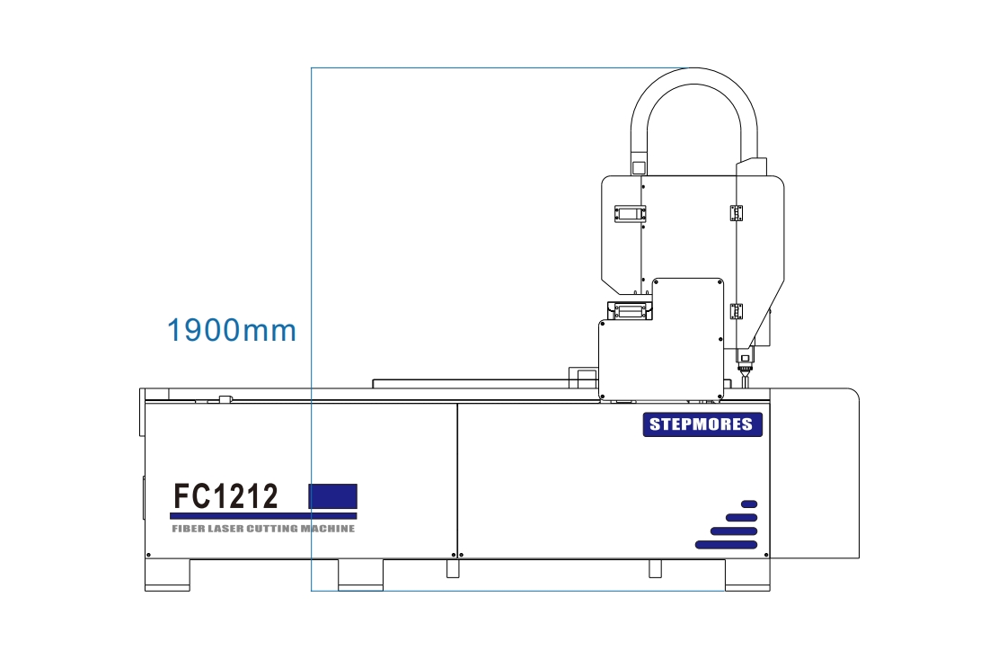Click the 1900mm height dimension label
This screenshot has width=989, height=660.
click(x=232, y=330)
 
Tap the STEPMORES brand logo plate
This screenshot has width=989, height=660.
click(x=702, y=424)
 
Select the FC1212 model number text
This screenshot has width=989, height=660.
click(x=225, y=496)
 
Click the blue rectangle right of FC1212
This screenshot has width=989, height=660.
click(x=332, y=496)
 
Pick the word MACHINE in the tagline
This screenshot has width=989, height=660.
click(x=328, y=529)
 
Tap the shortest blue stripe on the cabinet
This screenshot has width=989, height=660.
click(x=749, y=504)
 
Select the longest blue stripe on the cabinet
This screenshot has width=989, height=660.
click(x=726, y=544)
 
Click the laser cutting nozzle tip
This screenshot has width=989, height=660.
click(x=745, y=381)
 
